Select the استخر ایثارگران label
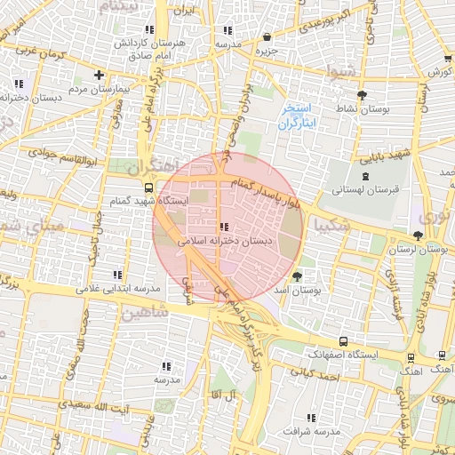pos(298,118)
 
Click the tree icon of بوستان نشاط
pos(361,95)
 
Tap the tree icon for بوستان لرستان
pos(418,235)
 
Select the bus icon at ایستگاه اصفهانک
pos(343,341)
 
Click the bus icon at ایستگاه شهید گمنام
pos(148,188)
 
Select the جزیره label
pos(267,50)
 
